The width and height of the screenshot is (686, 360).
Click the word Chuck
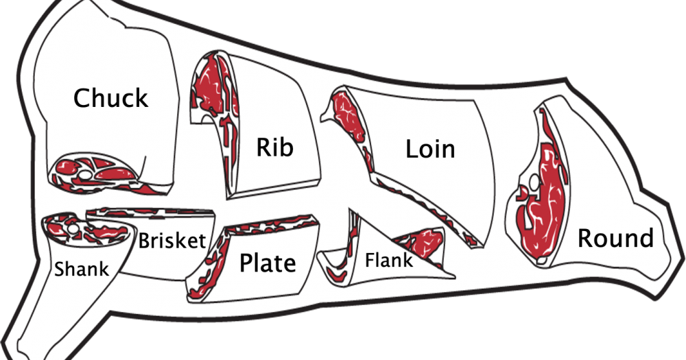[110, 97]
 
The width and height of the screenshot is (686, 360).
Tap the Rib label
[274, 147]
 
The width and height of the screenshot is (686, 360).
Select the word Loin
[431, 149]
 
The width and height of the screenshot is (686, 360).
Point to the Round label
[615, 238]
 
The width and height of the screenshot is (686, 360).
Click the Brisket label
[172, 241]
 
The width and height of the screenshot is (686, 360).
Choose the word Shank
[82, 268]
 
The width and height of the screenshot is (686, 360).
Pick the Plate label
[268, 263]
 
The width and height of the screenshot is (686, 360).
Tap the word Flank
[388, 261]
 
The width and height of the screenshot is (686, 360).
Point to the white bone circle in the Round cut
[534, 182]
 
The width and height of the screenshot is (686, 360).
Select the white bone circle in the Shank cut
[73, 229]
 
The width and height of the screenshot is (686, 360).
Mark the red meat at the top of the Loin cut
[348, 115]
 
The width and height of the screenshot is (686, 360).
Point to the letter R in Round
[585, 238]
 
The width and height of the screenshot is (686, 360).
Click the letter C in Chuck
[82, 98]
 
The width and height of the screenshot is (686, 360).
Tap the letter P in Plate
[246, 263]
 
